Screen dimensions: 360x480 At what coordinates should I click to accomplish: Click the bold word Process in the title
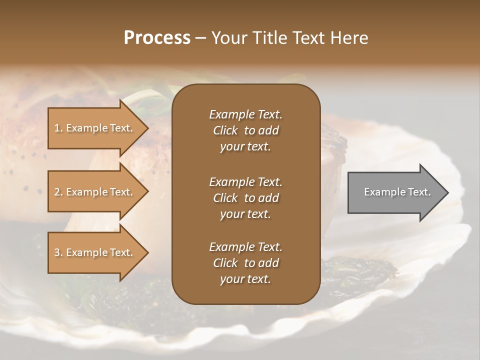click(x=157, y=37)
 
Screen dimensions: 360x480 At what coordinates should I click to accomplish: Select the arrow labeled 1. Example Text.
click(x=95, y=128)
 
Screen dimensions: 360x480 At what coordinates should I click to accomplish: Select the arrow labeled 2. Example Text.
click(x=95, y=192)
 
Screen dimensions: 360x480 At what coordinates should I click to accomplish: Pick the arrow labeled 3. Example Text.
click(x=95, y=252)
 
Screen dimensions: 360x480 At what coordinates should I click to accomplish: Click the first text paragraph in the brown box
click(x=245, y=130)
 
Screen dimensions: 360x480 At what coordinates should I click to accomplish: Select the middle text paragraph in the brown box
click(x=245, y=197)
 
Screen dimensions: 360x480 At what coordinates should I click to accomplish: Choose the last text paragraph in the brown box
click(x=245, y=263)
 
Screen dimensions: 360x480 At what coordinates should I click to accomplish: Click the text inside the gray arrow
click(x=397, y=192)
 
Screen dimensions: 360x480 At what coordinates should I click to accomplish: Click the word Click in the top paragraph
click(x=225, y=130)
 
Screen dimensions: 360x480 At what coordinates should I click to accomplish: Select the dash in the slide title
click(x=201, y=38)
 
